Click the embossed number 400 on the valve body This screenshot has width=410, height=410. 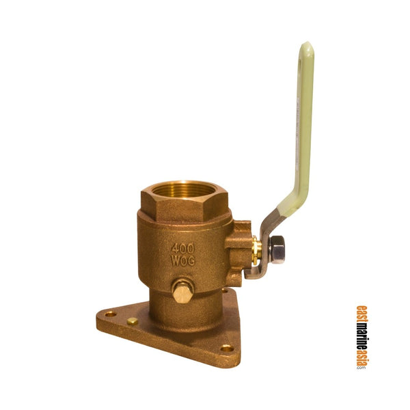(x=181, y=249)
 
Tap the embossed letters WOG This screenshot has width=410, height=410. (x=182, y=262)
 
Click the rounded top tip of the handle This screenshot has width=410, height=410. (x=307, y=49)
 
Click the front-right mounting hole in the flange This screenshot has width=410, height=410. (x=226, y=347)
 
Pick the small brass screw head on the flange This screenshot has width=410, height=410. (x=132, y=320)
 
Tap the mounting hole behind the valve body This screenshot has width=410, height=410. (x=225, y=290)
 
